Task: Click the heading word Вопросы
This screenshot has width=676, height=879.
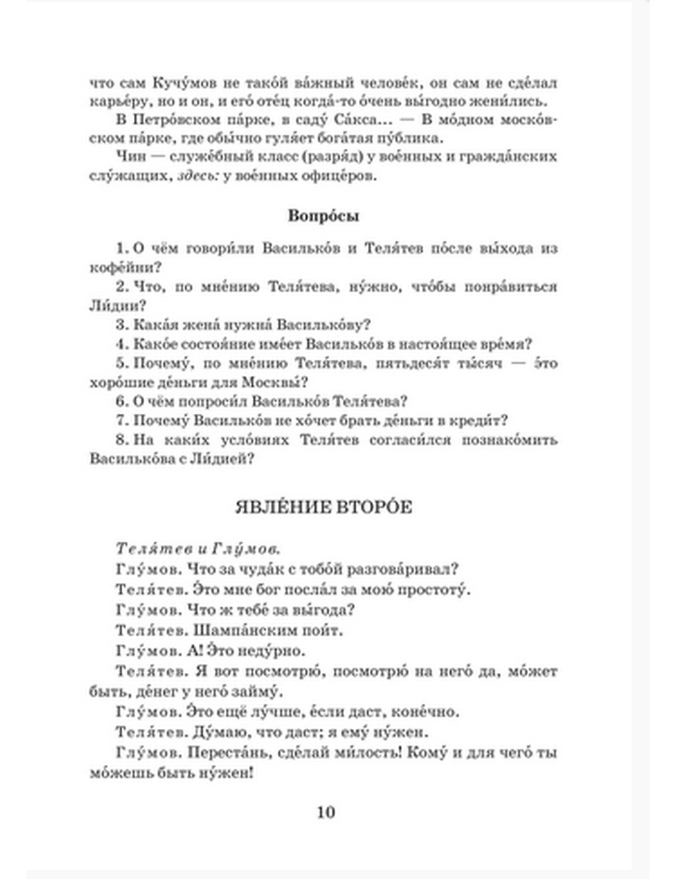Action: click(323, 216)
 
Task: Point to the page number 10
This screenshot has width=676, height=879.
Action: click(325, 812)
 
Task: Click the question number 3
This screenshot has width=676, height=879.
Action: click(120, 325)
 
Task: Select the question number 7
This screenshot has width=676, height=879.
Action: click(120, 421)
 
